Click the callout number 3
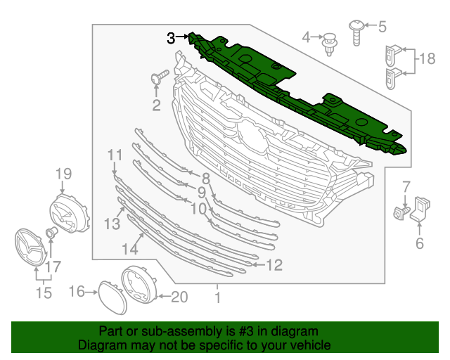pos(171,38)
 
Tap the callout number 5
pos(382,27)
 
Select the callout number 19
pos(64,174)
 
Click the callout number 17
pos(53,266)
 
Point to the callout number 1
pos(217,298)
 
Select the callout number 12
pos(274,265)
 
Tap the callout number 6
pos(420,244)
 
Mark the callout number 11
pos(115,155)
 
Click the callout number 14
pos(129,248)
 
